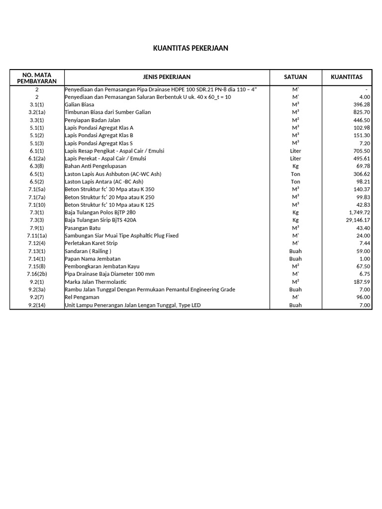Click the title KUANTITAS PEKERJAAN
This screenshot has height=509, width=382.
[191, 48]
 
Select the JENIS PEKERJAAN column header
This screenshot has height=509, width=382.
[167, 77]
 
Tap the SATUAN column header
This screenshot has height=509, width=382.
[295, 77]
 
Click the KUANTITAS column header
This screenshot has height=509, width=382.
[347, 77]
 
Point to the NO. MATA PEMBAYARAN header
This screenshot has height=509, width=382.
[37, 78]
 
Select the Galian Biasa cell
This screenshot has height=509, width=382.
[79, 105]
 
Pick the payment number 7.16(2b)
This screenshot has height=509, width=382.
[37, 274]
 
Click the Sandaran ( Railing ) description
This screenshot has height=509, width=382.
[88, 251]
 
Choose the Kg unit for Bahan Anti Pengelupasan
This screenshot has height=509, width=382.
[295, 166]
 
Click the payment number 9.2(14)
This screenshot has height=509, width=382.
[37, 305]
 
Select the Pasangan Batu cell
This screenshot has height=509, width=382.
[83, 228]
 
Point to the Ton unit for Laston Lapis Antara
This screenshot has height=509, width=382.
[295, 182]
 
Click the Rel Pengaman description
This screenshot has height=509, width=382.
[83, 297]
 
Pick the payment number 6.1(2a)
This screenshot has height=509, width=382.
[37, 159]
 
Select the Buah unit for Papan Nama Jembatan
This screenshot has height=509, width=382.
[295, 259]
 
